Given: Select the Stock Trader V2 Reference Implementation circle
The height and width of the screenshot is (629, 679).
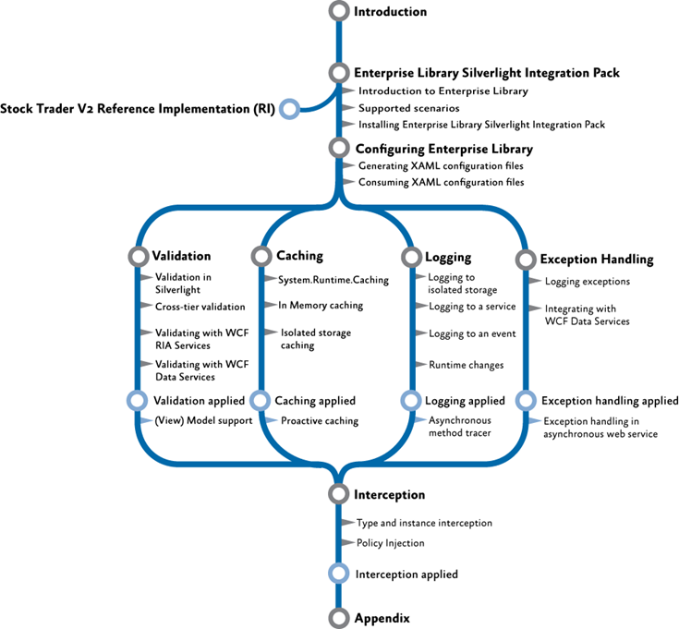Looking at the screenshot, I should (289, 109).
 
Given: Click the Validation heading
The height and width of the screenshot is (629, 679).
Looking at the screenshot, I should (181, 256).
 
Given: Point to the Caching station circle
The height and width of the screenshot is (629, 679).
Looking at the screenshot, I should (261, 256).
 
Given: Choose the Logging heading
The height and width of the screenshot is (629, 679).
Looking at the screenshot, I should (448, 258).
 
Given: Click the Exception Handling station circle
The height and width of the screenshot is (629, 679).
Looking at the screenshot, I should (525, 260).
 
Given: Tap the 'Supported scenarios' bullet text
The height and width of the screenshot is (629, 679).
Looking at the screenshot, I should (404, 108).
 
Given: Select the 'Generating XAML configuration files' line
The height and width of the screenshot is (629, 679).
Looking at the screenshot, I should (441, 165).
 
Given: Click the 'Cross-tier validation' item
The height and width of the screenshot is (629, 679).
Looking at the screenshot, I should (200, 307).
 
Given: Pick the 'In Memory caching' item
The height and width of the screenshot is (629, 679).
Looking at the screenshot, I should (321, 305).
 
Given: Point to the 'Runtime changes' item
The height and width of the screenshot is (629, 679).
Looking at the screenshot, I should (466, 365).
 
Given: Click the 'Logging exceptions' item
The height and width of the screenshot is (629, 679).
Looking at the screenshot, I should (588, 282).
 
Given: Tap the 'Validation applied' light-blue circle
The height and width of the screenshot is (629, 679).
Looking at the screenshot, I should (138, 401).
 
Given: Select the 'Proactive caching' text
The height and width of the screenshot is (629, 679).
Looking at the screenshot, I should (320, 421).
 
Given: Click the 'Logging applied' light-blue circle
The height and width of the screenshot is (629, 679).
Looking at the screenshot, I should (410, 401).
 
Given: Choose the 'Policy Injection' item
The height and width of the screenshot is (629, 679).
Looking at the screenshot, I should (390, 543).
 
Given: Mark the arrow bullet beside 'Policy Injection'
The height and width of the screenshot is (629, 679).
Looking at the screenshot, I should (348, 543).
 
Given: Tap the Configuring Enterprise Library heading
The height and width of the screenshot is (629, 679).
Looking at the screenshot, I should (443, 148).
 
